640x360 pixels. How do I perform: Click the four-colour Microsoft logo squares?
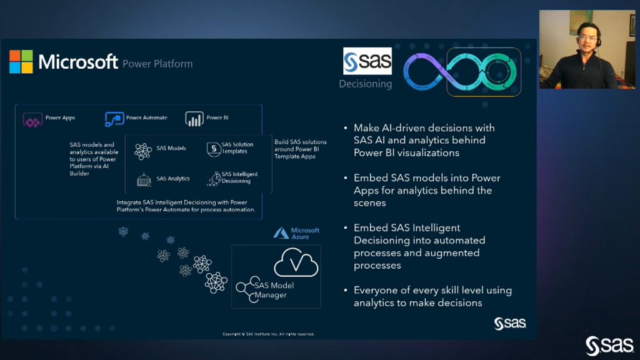click(x=21, y=61)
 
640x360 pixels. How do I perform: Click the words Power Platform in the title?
click(x=157, y=64)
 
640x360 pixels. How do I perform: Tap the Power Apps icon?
click(x=32, y=119)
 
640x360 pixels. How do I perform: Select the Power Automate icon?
click(x=114, y=119)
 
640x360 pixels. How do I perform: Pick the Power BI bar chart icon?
click(x=194, y=119)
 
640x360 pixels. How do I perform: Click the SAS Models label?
click(x=171, y=148)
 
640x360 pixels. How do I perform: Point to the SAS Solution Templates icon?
click(x=212, y=149)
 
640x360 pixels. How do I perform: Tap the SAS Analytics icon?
click(x=144, y=179)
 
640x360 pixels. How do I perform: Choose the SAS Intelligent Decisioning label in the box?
click(x=239, y=177)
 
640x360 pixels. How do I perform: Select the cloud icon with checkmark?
click(x=296, y=264)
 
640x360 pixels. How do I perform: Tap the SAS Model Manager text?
click(x=274, y=290)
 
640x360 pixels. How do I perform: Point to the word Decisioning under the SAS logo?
click(x=366, y=84)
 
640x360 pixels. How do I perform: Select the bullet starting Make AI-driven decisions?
click(x=424, y=140)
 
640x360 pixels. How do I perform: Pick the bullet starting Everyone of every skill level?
click(x=432, y=296)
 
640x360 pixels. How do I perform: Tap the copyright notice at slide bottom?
click(x=269, y=334)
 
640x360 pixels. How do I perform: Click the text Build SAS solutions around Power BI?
click(x=300, y=149)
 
